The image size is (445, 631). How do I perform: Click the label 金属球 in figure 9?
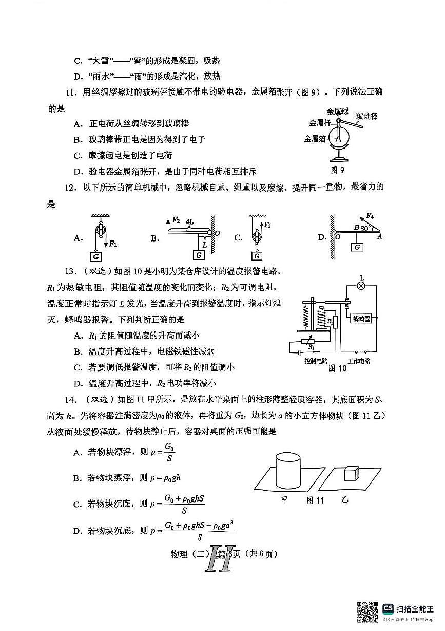pos(337,111)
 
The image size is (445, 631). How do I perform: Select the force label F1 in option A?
pos(113,244)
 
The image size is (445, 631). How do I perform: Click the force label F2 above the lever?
pos(176,220)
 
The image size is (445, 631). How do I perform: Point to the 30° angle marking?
pos(366,228)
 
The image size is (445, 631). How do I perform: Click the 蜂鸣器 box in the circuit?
pos(361,319)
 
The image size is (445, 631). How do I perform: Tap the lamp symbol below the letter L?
pos(361,286)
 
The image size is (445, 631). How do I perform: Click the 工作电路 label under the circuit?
pos(359,361)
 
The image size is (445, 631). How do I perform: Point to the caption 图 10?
pos(337,368)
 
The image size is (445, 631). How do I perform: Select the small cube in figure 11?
pos(351,473)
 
